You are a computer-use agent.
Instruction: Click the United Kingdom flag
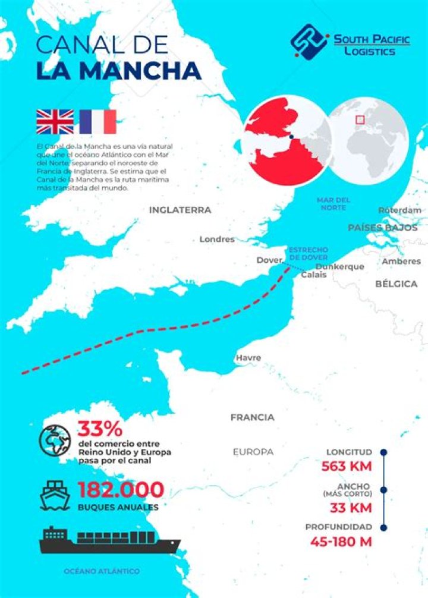55,121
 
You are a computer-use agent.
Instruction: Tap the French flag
97,121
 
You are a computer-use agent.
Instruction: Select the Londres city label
217,240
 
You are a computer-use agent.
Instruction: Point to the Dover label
269,260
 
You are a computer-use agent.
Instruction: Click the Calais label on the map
313,275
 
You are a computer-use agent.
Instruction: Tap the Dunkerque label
339,267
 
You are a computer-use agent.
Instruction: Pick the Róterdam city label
399,210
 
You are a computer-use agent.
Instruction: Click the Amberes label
401,261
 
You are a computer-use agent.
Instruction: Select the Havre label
248,358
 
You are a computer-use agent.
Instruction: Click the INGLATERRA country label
180,210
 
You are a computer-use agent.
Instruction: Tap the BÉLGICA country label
396,284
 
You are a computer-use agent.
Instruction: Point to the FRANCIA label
253,417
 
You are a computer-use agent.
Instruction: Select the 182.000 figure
121,490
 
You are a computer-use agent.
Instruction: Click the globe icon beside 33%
55,440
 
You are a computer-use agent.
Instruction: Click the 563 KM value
347,466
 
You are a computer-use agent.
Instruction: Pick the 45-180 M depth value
341,542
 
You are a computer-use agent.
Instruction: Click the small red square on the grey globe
360,119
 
